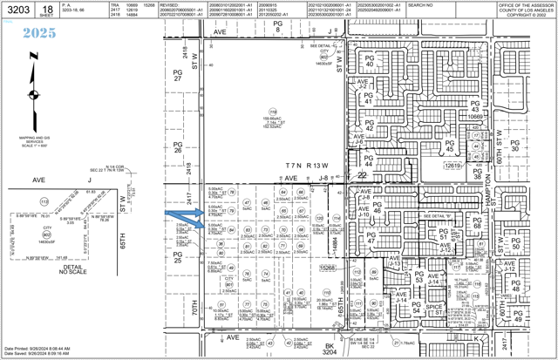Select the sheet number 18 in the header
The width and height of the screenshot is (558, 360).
pyautogui.click(x=46, y=8)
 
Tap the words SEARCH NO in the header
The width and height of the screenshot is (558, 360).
pyautogui.click(x=420, y=4)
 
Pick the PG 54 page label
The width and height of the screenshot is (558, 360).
pyautogui.click(x=417, y=308)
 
